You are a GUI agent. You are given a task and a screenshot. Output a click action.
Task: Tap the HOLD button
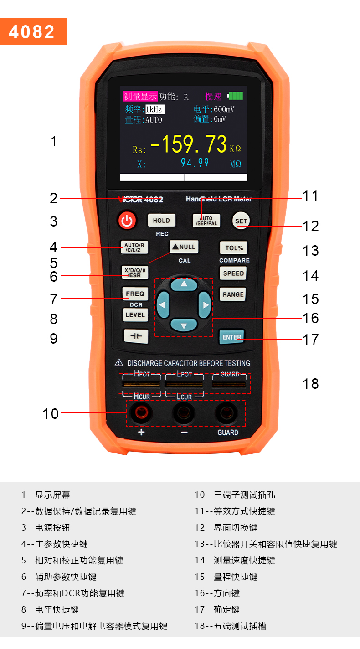pos(161,220)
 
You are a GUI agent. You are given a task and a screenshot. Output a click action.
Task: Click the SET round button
pos(241,221)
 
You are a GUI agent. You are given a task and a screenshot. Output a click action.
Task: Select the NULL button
pos(184,247)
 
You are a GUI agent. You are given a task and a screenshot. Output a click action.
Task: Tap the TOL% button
pos(234,248)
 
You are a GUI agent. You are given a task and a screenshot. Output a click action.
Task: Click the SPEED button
pos(233,273)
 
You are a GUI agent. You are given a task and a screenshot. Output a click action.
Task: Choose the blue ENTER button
pos(231,337)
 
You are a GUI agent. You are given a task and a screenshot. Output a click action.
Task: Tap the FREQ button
pos(135,294)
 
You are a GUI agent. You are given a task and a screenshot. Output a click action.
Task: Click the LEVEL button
pos(135,315)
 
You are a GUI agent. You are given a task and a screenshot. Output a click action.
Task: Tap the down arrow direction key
pos(184,325)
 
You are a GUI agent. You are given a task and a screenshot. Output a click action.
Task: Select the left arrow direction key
pos(163,304)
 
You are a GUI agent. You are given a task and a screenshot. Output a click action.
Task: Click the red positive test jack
pos(141,413)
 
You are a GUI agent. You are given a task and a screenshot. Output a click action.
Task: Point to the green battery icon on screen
pos(236,96)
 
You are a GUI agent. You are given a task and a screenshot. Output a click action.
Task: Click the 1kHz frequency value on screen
pos(154,109)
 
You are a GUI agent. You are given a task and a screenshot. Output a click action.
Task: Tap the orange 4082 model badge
pos(33,31)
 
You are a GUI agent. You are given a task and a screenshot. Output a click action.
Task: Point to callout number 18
pos(311,383)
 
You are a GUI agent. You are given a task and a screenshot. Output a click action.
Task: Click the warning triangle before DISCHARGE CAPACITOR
pos(119,363)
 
